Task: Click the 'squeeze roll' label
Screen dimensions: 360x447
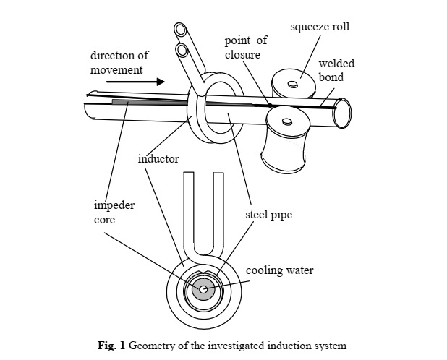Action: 320,27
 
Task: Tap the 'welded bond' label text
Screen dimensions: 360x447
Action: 336,70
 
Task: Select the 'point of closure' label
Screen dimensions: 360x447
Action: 247,48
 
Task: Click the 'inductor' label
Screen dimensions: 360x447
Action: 158,158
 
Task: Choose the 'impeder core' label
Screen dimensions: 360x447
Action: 114,213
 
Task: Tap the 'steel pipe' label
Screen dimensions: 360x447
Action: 268,215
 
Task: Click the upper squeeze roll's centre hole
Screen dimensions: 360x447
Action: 292,85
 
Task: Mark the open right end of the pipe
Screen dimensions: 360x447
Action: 343,113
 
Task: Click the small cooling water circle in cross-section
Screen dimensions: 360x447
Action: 203,290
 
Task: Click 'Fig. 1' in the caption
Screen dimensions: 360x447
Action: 111,346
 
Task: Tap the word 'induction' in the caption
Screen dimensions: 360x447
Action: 281,346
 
